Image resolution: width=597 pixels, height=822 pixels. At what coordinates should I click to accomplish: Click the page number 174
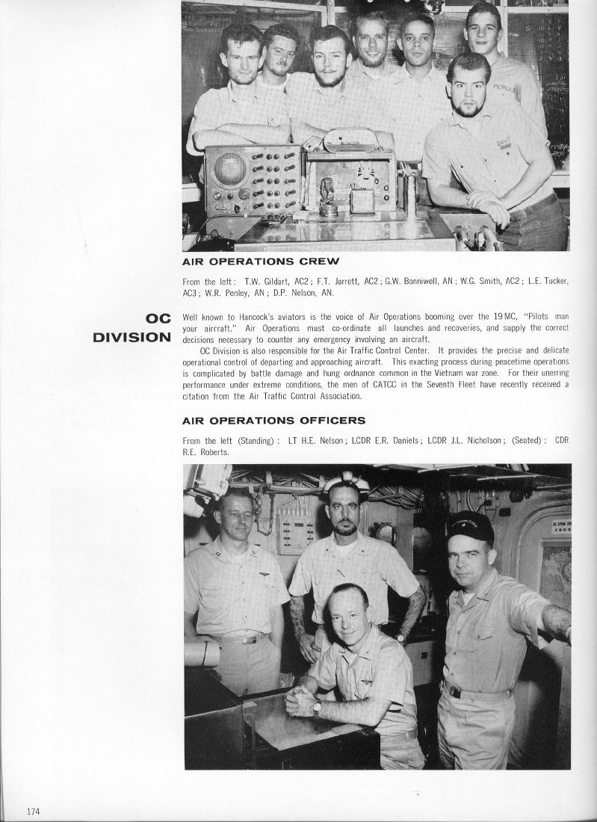tap(32, 812)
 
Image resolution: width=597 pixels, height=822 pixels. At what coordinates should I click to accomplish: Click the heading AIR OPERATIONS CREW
tap(261, 262)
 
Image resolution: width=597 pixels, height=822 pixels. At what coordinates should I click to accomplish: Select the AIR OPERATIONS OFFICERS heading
tap(273, 420)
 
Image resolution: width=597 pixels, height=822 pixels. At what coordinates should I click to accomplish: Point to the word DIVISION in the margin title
tap(132, 337)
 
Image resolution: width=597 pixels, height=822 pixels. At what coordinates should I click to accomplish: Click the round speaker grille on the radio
tap(229, 169)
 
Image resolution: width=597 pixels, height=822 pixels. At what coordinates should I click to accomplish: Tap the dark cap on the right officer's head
tap(470, 526)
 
